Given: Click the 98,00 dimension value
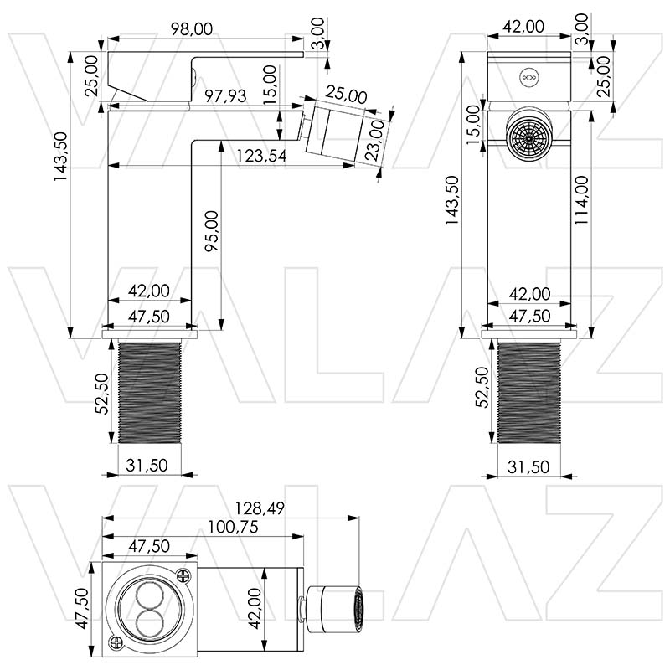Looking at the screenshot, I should click(x=191, y=28).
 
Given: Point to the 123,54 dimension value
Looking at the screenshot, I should click(x=262, y=155).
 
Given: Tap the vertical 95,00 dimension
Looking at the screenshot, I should click(x=211, y=231).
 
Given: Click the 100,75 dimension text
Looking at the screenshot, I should click(x=229, y=528).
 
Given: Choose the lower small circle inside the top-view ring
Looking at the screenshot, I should click(x=149, y=621).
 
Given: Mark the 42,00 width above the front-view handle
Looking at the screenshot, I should click(x=529, y=27).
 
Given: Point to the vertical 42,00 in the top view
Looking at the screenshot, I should click(x=255, y=607).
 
